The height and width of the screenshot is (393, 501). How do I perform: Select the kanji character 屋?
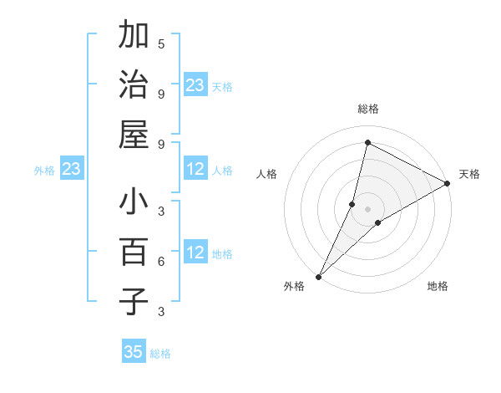[x=134, y=134]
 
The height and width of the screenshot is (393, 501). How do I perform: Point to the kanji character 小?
[x=134, y=203]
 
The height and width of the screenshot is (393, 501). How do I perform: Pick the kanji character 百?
[x=134, y=252]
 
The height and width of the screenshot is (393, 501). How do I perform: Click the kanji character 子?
[x=134, y=301]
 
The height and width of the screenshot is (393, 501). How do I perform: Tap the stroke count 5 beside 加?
[x=161, y=43]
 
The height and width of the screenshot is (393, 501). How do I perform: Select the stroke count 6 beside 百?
[x=161, y=262]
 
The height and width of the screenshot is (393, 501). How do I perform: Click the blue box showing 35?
[x=134, y=352]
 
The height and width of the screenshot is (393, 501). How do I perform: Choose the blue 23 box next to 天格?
[x=195, y=85]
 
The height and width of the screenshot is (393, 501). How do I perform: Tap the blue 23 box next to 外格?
[x=72, y=170]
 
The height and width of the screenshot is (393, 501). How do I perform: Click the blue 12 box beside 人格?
[x=195, y=170]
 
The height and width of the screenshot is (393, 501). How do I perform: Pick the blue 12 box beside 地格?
[x=195, y=253]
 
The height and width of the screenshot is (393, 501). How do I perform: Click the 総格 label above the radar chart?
[x=367, y=109]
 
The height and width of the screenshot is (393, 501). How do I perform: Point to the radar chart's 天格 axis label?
[x=469, y=174]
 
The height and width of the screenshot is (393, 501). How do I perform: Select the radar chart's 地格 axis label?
[x=438, y=286]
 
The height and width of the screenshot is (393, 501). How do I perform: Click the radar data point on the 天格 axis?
[x=447, y=183]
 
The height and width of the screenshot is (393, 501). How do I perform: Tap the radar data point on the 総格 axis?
[x=367, y=142]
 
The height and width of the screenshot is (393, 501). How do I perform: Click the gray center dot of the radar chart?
[x=367, y=208]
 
